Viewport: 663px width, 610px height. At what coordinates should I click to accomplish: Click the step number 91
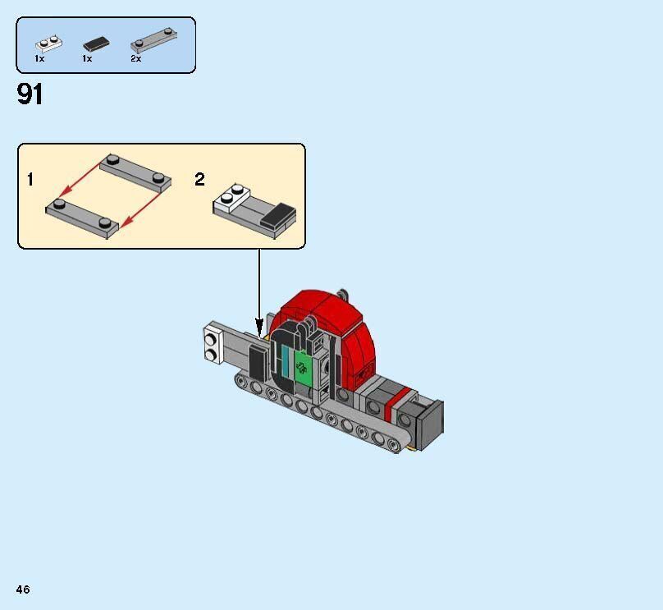coord(30,94)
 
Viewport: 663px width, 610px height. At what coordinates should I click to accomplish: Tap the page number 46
coord(23,589)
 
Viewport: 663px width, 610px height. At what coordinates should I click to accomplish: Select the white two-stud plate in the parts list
coord(48,44)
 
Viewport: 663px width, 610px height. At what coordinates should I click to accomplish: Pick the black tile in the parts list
coord(96,44)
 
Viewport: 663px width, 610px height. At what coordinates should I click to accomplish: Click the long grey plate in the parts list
coord(154,40)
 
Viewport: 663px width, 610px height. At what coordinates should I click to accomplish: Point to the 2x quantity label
coord(135,59)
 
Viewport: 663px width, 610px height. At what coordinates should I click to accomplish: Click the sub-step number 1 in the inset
coord(30,179)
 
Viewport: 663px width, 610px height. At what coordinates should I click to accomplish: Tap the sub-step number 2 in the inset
coord(199,179)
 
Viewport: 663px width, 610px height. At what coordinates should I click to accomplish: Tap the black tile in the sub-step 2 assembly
coord(278,215)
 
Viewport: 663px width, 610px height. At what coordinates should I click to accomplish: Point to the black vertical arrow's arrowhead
coord(259,328)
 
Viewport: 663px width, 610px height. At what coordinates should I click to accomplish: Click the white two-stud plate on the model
coord(214,343)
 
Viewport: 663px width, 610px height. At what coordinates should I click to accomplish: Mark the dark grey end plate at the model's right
coord(431,424)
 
